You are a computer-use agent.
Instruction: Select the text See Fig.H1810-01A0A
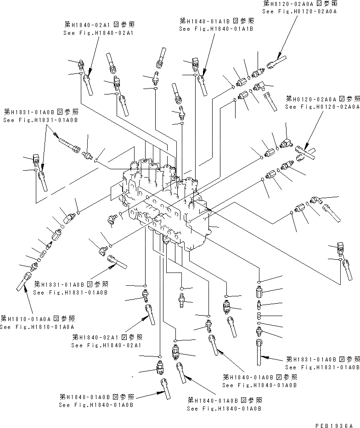(37, 327)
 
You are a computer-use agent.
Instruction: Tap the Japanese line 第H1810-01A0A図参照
(38, 318)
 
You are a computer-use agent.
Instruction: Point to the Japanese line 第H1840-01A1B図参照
(216, 21)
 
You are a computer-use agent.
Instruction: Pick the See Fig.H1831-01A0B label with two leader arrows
(40, 120)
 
